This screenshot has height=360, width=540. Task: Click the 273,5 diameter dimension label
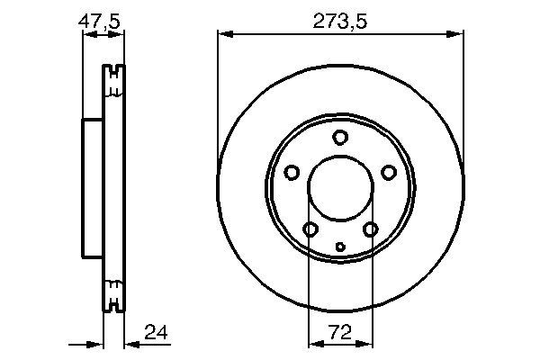[340, 22]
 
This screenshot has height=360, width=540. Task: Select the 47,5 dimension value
[99, 22]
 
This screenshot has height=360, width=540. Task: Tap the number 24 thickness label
[156, 332]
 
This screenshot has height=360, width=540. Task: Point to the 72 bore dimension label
[340, 332]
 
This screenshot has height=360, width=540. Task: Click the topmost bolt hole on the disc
[340, 137]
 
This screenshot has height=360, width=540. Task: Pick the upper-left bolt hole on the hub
[292, 172]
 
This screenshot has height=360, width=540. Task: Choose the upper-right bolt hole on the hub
[389, 172]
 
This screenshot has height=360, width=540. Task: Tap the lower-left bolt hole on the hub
[310, 229]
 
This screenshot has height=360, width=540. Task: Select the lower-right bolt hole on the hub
[371, 229]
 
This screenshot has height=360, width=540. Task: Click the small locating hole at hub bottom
[340, 247]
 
